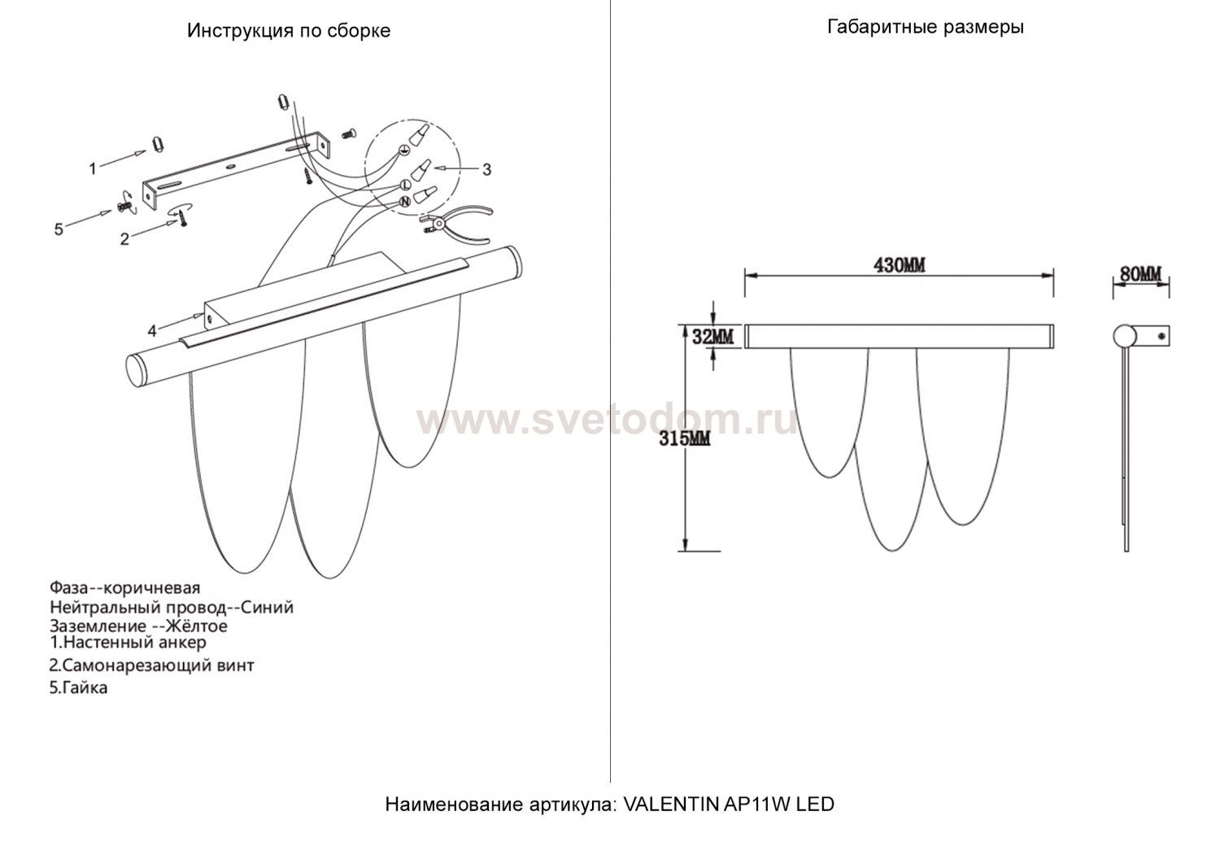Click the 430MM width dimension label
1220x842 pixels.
coord(900,265)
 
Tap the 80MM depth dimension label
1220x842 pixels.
coord(1140,274)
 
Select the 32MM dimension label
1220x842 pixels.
coord(713,337)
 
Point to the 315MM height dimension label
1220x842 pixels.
coord(685,438)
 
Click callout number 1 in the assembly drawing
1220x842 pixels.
coord(93,169)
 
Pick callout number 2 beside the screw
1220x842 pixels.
coord(124,238)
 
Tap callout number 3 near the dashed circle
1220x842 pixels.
coord(486,169)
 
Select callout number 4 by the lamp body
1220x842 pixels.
coord(153,330)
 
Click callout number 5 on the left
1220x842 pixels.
coord(59,229)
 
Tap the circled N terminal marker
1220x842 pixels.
coord(405,202)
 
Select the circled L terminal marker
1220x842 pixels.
coord(406,185)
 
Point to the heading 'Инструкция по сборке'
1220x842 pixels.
coord(289,30)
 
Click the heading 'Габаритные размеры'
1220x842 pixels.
coord(926,27)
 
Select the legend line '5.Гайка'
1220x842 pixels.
coord(78,687)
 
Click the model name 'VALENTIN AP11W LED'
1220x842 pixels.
coord(729,804)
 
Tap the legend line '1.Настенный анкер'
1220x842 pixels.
coord(128,642)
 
